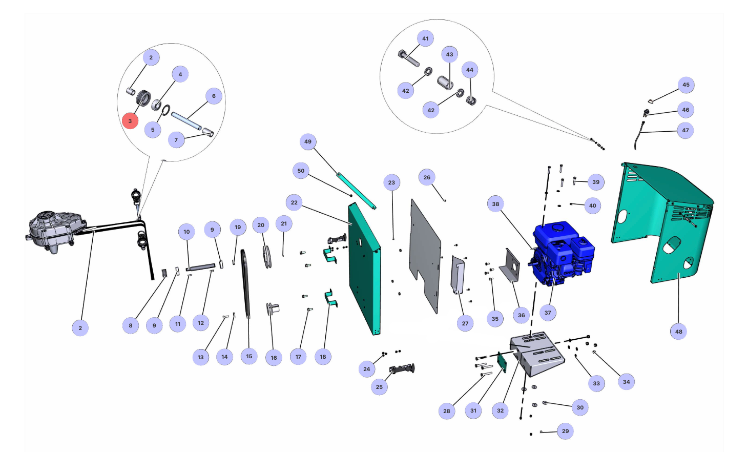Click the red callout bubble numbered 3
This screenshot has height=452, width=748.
(130, 121)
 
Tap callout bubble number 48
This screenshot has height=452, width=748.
(678, 332)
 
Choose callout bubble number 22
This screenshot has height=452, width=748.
(294, 202)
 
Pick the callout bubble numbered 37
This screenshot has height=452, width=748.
(548, 313)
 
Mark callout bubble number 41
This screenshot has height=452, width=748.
(425, 38)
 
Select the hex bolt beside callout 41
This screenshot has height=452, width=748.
(408, 58)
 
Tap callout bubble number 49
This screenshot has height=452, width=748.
(308, 141)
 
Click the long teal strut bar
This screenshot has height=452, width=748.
(357, 191)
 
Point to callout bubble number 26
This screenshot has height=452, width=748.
(427, 177)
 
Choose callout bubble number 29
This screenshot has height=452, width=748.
(565, 431)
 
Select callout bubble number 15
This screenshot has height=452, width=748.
(249, 356)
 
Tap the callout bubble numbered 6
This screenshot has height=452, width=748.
(214, 96)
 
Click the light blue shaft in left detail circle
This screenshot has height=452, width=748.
(186, 121)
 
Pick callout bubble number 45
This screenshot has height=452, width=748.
(686, 85)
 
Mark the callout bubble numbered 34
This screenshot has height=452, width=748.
(626, 382)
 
